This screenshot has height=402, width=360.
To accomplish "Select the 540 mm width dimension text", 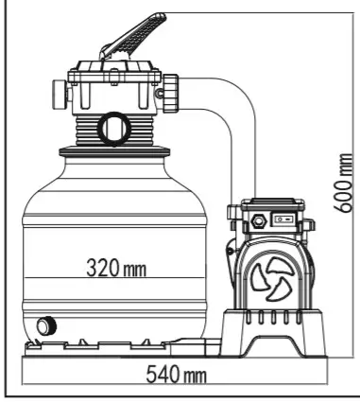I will (177, 375).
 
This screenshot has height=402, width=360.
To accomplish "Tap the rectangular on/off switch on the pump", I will (282, 220).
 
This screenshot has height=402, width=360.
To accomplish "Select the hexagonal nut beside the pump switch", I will (257, 222).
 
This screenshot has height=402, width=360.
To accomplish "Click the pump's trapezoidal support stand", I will (269, 334).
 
